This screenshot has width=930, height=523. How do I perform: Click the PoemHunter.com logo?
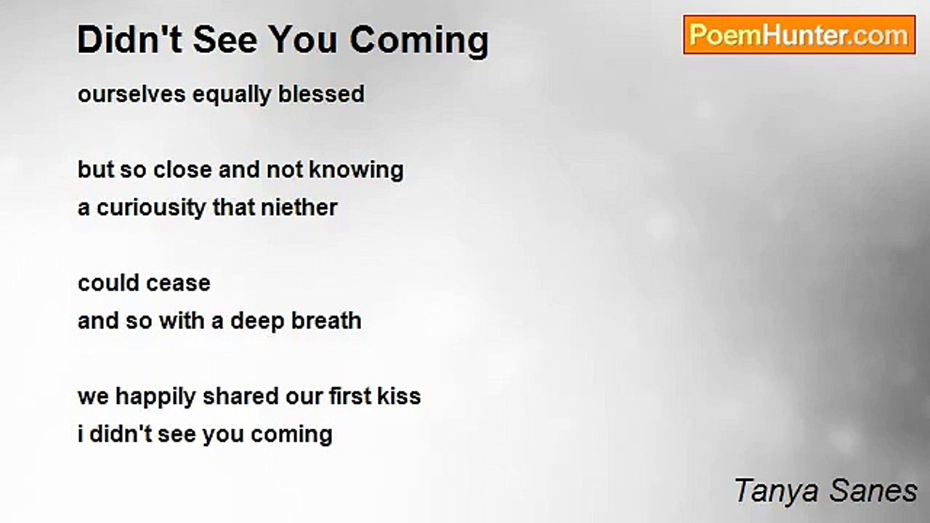[x=798, y=35]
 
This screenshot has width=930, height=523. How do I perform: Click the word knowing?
[x=356, y=170]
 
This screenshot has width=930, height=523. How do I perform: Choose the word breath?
[x=327, y=321]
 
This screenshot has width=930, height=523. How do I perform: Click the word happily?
[x=155, y=397]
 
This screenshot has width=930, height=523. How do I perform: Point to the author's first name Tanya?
[x=769, y=491]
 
